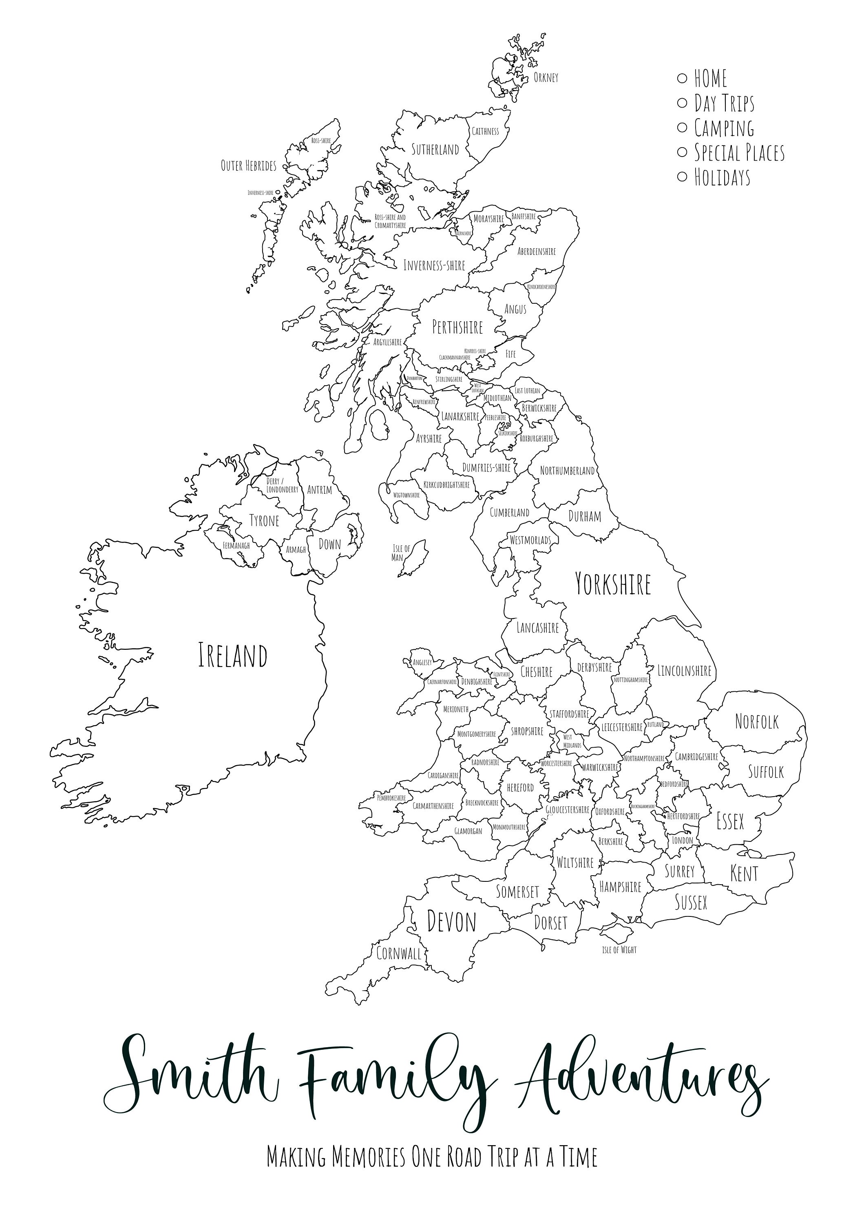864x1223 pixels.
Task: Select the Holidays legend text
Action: click(x=722, y=177)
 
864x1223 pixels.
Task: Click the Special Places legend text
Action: click(x=739, y=153)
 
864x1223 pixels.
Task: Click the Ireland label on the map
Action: click(x=232, y=656)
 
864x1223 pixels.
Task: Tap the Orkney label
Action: click(x=546, y=78)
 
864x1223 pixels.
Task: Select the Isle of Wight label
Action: click(x=619, y=950)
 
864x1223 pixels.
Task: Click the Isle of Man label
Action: click(x=400, y=553)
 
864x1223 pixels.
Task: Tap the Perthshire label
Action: click(x=457, y=327)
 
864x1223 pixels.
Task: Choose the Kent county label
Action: click(x=744, y=874)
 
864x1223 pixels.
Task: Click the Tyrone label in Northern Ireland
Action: click(x=264, y=521)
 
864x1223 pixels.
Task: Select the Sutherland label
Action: click(x=435, y=150)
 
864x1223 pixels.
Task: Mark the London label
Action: click(x=683, y=841)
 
